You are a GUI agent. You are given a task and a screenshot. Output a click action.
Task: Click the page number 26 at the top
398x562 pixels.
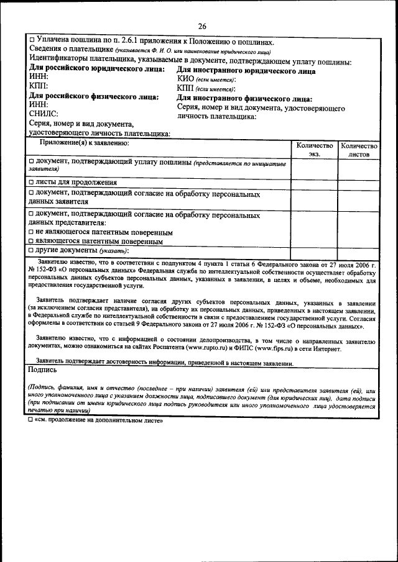tap(202, 25)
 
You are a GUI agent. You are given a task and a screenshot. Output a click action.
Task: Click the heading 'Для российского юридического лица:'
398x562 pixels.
tap(97, 70)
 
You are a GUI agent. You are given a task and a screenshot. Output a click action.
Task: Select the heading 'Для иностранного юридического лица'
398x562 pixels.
tap(246, 71)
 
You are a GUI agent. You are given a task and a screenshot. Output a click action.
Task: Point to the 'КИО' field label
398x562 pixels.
tap(186, 79)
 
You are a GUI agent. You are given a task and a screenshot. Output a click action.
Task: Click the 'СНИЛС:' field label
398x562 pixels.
tap(44, 114)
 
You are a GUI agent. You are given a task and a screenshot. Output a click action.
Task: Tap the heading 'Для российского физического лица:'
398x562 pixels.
tap(94, 97)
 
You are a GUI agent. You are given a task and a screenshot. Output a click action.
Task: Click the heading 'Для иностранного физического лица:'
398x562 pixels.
tap(244, 99)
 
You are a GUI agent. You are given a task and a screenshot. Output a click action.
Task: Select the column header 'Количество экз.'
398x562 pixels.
tap(314, 149)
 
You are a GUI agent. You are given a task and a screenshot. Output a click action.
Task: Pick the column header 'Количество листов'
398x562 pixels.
tap(359, 149)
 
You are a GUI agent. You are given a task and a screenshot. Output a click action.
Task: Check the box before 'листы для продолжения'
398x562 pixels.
tap(32, 183)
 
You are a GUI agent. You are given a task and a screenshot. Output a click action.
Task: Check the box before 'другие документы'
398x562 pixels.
tap(32, 250)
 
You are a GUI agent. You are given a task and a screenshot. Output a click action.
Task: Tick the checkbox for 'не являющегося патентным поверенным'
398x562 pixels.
tap(32, 232)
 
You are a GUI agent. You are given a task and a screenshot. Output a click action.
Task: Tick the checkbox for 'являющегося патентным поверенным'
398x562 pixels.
tap(32, 242)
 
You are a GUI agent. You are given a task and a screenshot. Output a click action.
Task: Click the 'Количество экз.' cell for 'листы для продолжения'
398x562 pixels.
tap(314, 183)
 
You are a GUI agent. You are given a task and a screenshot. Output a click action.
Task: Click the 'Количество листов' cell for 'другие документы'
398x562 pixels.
tap(359, 250)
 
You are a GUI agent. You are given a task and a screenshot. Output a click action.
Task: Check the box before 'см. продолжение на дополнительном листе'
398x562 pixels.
tap(32, 420)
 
